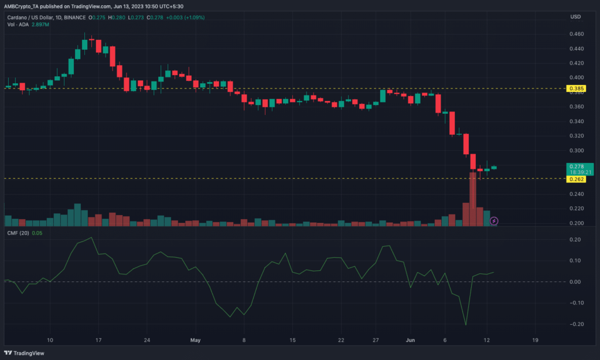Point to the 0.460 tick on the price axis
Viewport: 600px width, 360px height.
[x=576, y=35]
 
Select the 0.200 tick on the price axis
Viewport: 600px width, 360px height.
[x=576, y=223]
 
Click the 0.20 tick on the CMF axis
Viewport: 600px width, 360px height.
[x=576, y=240]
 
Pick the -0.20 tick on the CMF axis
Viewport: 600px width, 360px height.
[x=575, y=324]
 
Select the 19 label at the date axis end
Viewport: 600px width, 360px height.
[x=534, y=339]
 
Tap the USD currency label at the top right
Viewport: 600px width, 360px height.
[x=575, y=16]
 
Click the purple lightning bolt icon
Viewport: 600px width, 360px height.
[x=494, y=220]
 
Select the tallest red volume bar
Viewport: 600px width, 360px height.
[x=473, y=199]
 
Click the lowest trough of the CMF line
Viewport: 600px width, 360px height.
[x=466, y=325]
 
